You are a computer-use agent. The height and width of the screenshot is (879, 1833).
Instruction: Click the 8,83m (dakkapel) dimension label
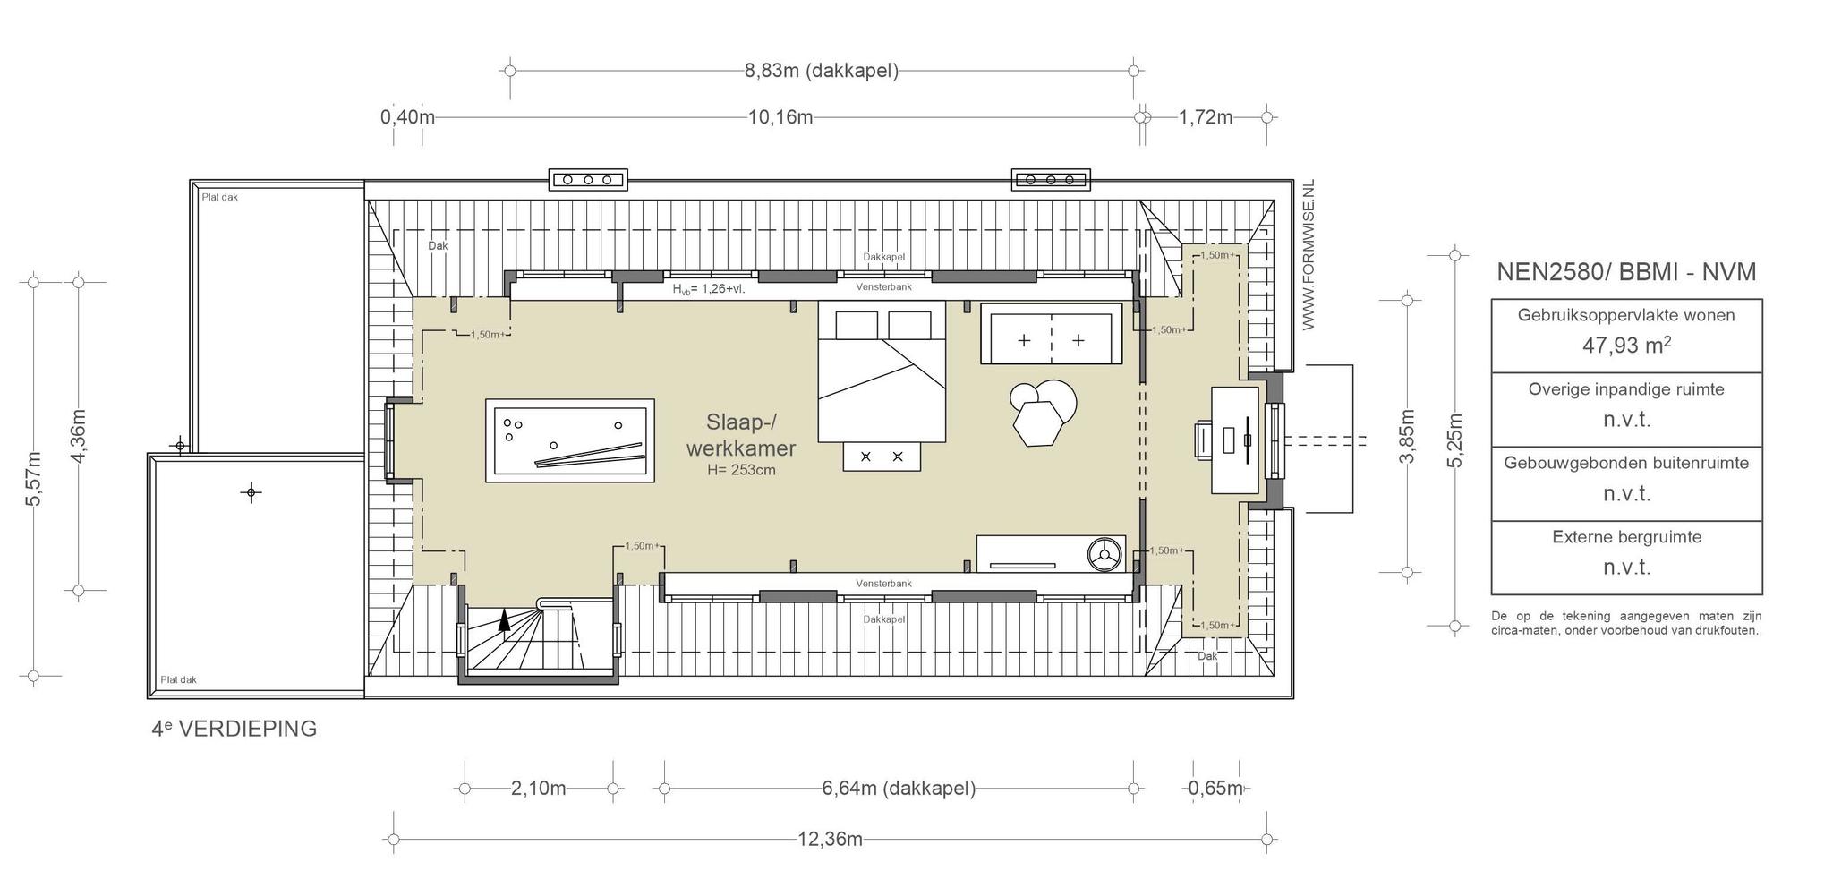click(x=821, y=71)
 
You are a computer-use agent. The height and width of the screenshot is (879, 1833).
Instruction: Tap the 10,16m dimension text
click(x=780, y=117)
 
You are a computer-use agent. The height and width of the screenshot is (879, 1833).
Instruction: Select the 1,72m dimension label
click(x=1206, y=117)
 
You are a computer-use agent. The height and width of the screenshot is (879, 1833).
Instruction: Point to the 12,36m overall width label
click(x=830, y=839)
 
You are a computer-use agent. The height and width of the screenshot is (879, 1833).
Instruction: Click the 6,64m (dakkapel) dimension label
click(x=899, y=789)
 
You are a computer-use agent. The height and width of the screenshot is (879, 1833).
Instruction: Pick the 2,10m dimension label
click(x=538, y=789)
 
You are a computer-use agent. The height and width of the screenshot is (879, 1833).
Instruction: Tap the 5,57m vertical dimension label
click(x=34, y=478)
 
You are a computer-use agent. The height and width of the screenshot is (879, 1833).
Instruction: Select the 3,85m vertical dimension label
click(x=1408, y=435)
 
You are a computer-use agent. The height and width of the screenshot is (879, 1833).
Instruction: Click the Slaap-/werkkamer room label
click(x=740, y=434)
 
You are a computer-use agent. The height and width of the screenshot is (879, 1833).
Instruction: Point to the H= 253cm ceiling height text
click(x=741, y=469)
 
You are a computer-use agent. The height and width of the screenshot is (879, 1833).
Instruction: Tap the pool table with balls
click(x=569, y=441)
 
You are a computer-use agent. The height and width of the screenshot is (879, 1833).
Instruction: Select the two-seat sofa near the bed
click(x=1051, y=334)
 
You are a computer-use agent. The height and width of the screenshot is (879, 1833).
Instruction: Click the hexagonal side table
click(x=1039, y=422)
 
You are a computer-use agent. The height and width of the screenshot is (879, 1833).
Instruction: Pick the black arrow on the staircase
click(x=505, y=619)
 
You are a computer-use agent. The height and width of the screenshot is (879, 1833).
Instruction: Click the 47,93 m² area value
click(x=1626, y=345)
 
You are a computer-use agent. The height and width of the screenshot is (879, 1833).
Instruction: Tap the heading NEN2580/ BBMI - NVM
click(x=1626, y=272)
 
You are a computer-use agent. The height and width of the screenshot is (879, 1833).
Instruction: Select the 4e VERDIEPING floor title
click(x=234, y=729)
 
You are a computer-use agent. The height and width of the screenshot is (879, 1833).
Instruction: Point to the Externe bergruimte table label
click(x=1626, y=537)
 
